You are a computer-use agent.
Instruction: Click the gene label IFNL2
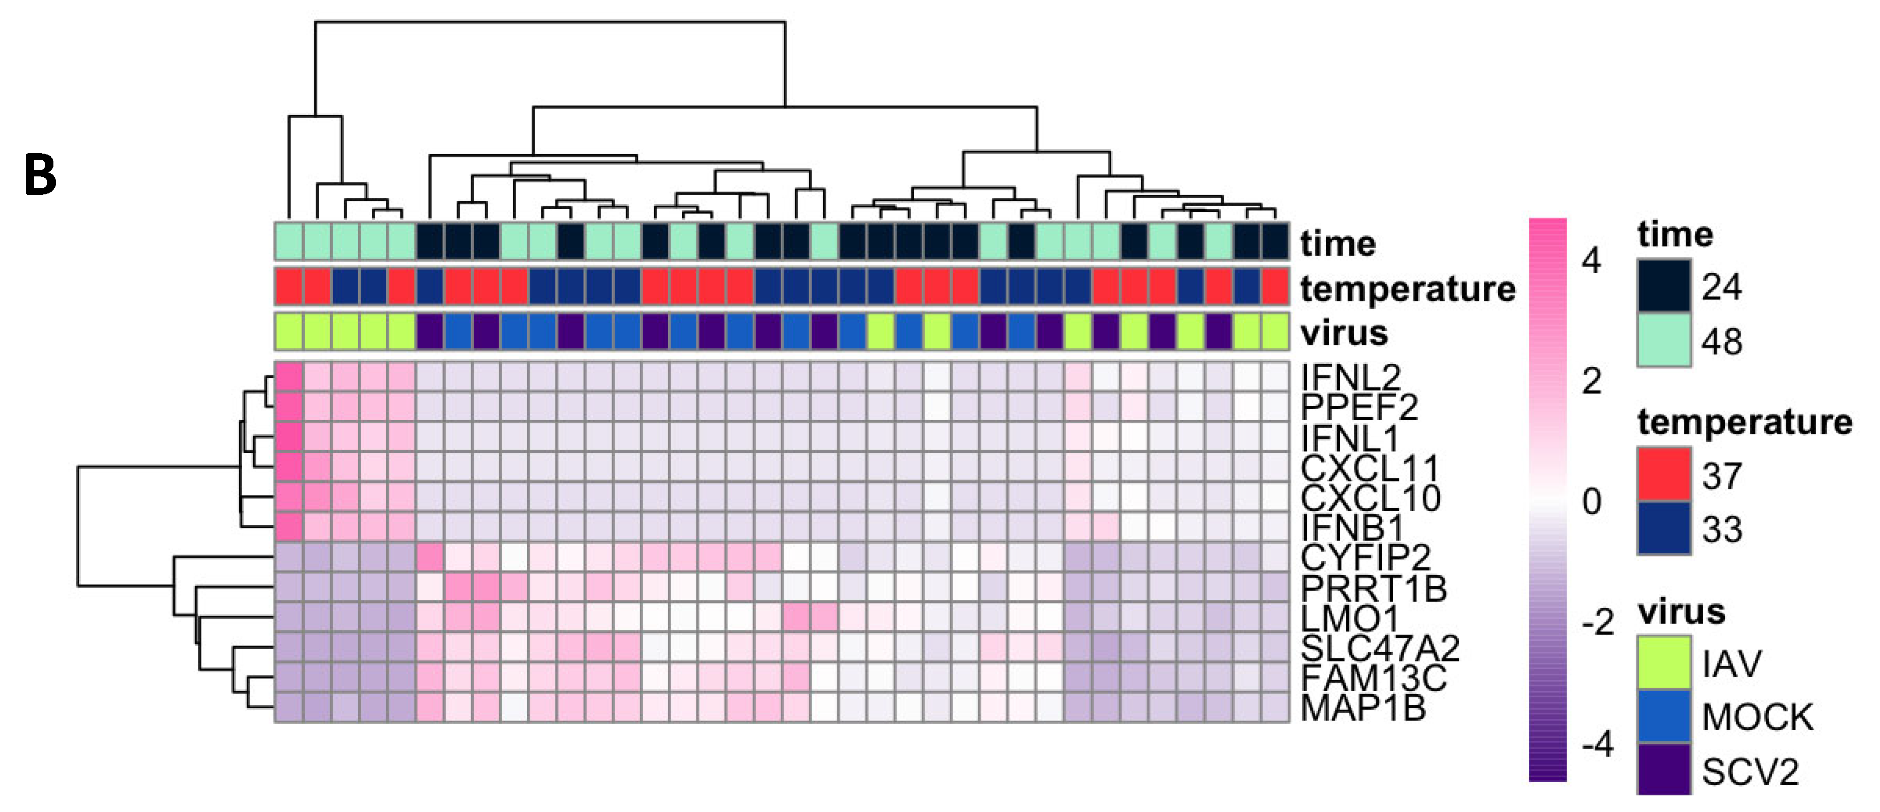point(1350,377)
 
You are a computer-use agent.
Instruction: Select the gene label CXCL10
point(1370,498)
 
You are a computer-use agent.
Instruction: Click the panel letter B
point(40,176)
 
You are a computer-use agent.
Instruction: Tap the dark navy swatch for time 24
point(1663,286)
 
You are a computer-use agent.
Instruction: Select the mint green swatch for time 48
point(1663,340)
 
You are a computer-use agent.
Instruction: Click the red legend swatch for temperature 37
point(1663,475)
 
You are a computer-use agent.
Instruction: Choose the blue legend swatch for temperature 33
point(1663,528)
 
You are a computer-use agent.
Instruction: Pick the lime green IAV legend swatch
point(1663,662)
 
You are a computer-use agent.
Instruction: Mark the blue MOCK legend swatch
point(1663,717)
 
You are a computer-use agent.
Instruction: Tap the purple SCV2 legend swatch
point(1663,770)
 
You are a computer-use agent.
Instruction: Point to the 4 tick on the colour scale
point(1591,260)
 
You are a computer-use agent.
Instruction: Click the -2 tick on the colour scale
point(1597,622)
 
